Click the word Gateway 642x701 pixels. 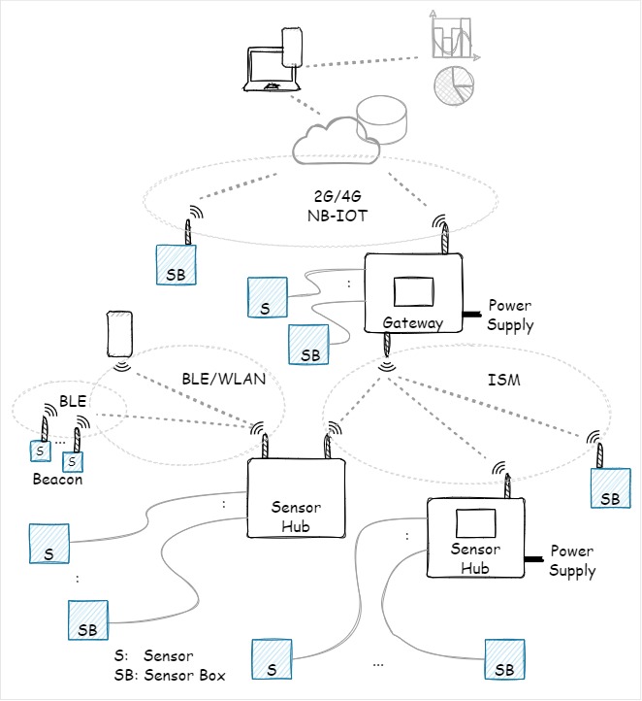(412, 321)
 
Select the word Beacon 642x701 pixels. (58, 480)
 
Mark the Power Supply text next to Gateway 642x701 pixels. (510, 316)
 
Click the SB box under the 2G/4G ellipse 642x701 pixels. (177, 263)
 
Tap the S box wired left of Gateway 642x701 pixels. (267, 297)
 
